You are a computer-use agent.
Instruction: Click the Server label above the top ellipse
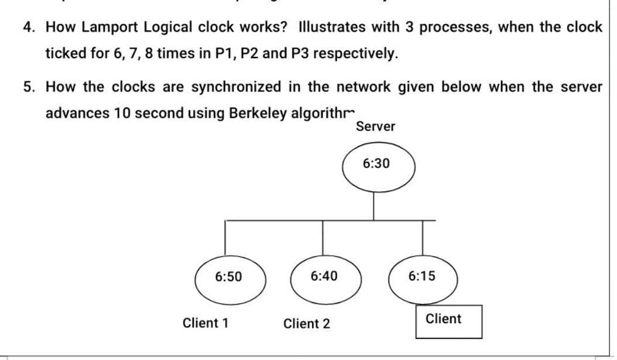point(375,127)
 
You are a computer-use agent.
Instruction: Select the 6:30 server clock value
point(375,164)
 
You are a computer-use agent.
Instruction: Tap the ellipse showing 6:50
point(230,277)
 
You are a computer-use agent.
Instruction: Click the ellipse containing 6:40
point(324,276)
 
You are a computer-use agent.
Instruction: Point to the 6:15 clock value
point(422,276)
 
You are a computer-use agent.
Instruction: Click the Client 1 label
point(205,323)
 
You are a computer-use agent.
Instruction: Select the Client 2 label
point(307,324)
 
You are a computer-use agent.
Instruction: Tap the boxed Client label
point(444,319)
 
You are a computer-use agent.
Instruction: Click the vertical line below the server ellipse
point(374,205)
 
